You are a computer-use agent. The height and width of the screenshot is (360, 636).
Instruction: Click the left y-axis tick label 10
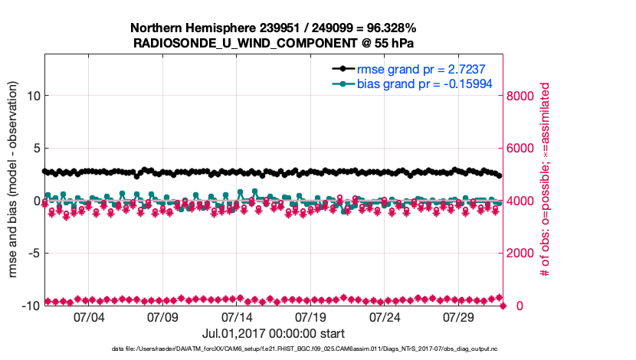click(33, 96)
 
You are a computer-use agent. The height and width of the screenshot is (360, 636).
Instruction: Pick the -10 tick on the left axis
click(29, 306)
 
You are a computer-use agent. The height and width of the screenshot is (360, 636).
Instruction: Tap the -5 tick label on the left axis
click(33, 253)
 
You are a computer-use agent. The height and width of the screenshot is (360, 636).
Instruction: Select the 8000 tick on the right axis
click(520, 96)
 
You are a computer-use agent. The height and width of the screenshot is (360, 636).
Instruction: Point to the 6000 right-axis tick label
click(520, 149)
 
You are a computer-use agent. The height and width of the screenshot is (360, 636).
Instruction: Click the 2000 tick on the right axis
click(520, 253)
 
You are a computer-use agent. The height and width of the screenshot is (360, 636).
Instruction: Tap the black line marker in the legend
click(343, 69)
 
